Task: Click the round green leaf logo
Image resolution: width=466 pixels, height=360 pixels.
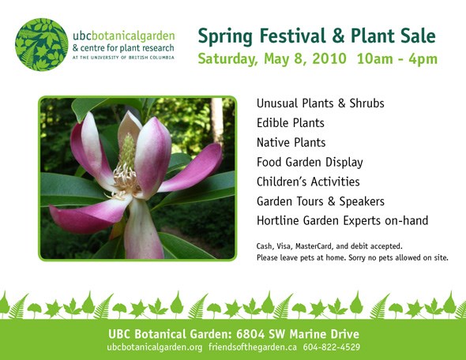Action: coord(42,44)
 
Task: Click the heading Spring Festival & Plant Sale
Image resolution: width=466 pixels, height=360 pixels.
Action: coord(317,36)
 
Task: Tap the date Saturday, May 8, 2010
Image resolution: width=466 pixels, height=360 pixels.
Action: coord(272,58)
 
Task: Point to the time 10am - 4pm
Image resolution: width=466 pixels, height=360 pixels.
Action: coord(397,58)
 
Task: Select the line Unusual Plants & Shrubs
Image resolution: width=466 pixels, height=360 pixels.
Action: coord(321,103)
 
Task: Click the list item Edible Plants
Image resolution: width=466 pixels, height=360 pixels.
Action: coord(291,123)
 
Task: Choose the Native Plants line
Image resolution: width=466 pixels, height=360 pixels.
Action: coord(291,143)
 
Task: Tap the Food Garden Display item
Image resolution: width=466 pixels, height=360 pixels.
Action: coord(310,163)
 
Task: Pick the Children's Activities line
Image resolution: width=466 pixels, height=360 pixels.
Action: coord(308,182)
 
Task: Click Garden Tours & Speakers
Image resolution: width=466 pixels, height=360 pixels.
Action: coord(321,201)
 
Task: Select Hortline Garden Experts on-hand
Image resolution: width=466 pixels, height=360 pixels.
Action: coord(342,221)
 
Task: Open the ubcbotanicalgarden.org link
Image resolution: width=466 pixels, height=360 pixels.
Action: coord(155,347)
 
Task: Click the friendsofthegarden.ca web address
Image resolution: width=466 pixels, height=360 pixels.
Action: coord(252,347)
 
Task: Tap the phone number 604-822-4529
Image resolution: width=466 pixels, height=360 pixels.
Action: coord(332,347)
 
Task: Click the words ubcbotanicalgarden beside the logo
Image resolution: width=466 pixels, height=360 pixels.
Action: coord(124,36)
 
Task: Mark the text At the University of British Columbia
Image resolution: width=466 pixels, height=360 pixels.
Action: coord(123,58)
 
